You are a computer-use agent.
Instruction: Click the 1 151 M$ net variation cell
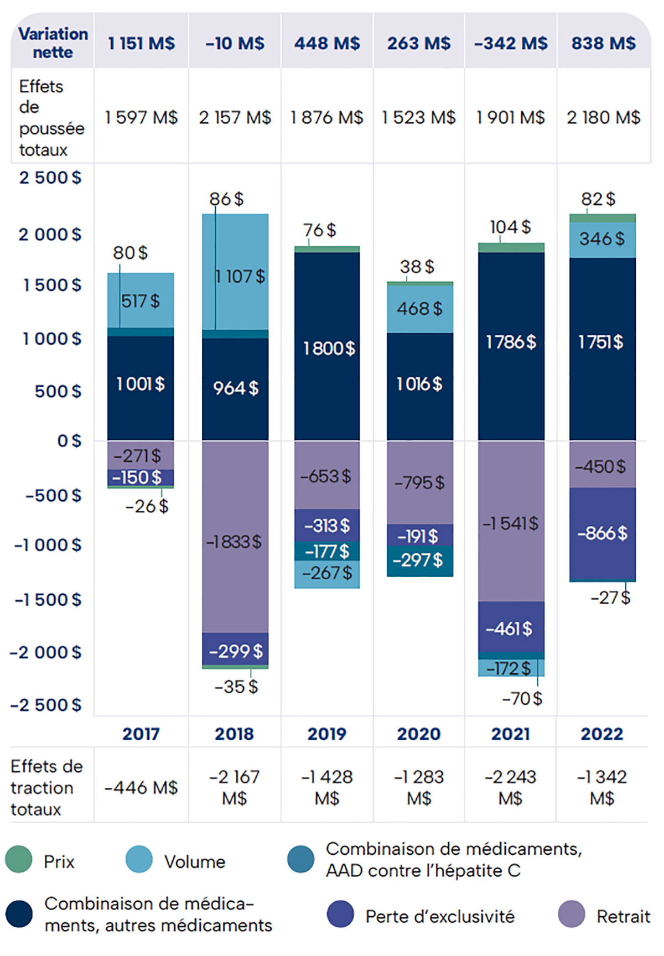point(141,43)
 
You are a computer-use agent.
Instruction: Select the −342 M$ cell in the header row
point(511,43)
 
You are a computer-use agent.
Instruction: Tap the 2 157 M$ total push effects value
point(235,117)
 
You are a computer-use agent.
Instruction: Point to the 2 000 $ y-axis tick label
point(50,235)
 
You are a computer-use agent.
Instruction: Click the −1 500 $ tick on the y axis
point(48,600)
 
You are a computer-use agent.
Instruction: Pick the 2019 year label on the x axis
point(327,734)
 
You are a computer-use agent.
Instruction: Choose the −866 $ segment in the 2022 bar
point(603,533)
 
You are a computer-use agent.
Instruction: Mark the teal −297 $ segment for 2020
point(419,561)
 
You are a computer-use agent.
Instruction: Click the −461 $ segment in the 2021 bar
point(511,628)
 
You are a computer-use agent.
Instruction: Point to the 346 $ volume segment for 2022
point(603,239)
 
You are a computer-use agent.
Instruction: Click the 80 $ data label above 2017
point(130,253)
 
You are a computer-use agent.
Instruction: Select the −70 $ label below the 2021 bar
point(522,699)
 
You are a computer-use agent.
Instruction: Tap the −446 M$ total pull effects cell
point(141,787)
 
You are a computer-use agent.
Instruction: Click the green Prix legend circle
point(19,859)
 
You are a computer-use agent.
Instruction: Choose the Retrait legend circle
point(572,914)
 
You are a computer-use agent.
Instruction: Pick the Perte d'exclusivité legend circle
point(340,914)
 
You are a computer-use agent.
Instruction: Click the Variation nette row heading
point(53,43)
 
